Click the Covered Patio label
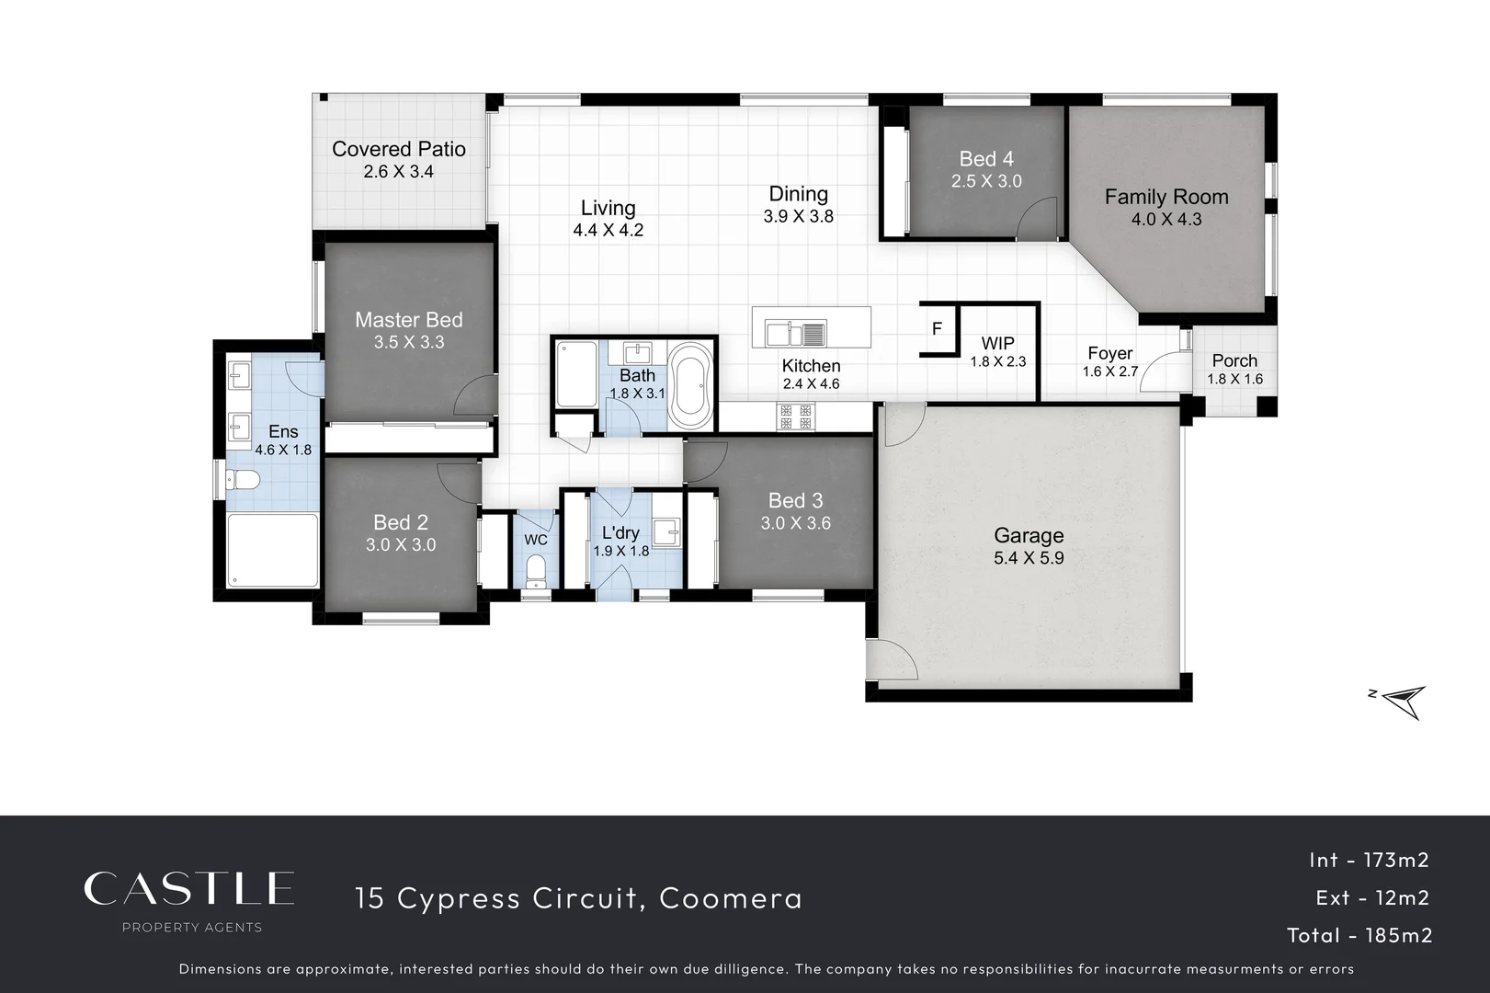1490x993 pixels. pyautogui.click(x=398, y=149)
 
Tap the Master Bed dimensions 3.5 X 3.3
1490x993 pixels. pyautogui.click(x=408, y=342)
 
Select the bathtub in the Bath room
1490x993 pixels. pyautogui.click(x=688, y=386)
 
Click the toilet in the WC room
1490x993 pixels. pyautogui.click(x=536, y=571)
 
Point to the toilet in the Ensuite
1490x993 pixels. pyautogui.click(x=243, y=480)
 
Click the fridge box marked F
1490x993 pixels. pyautogui.click(x=937, y=328)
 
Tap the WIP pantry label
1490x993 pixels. pyautogui.click(x=997, y=344)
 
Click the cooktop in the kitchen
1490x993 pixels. pyautogui.click(x=796, y=417)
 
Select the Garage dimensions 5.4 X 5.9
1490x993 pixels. pyautogui.click(x=1029, y=557)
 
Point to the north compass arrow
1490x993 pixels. pyautogui.click(x=1403, y=702)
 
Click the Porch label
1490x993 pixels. pyautogui.click(x=1234, y=360)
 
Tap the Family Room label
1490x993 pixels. pyautogui.click(x=1166, y=197)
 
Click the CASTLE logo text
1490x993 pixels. pyautogui.click(x=188, y=888)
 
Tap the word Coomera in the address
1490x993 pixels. pyautogui.click(x=731, y=897)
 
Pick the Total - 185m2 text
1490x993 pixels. pyautogui.click(x=1359, y=935)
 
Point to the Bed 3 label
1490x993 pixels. pyautogui.click(x=795, y=500)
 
